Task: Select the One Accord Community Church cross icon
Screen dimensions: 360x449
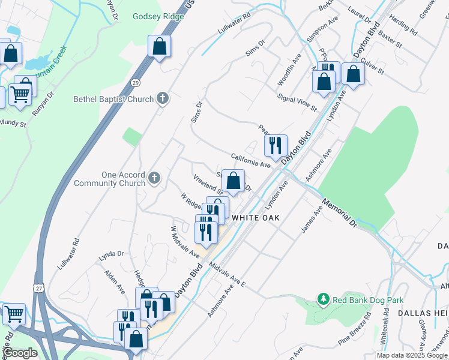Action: pos(154,177)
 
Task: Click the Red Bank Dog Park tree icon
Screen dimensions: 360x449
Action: pos(323,299)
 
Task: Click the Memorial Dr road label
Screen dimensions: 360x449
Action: pos(339,213)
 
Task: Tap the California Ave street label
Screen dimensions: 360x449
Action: pos(251,160)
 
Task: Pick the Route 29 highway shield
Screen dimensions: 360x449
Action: pos(136,82)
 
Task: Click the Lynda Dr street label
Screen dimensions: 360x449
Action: pos(111,254)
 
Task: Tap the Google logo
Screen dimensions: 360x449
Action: pos(20,352)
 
